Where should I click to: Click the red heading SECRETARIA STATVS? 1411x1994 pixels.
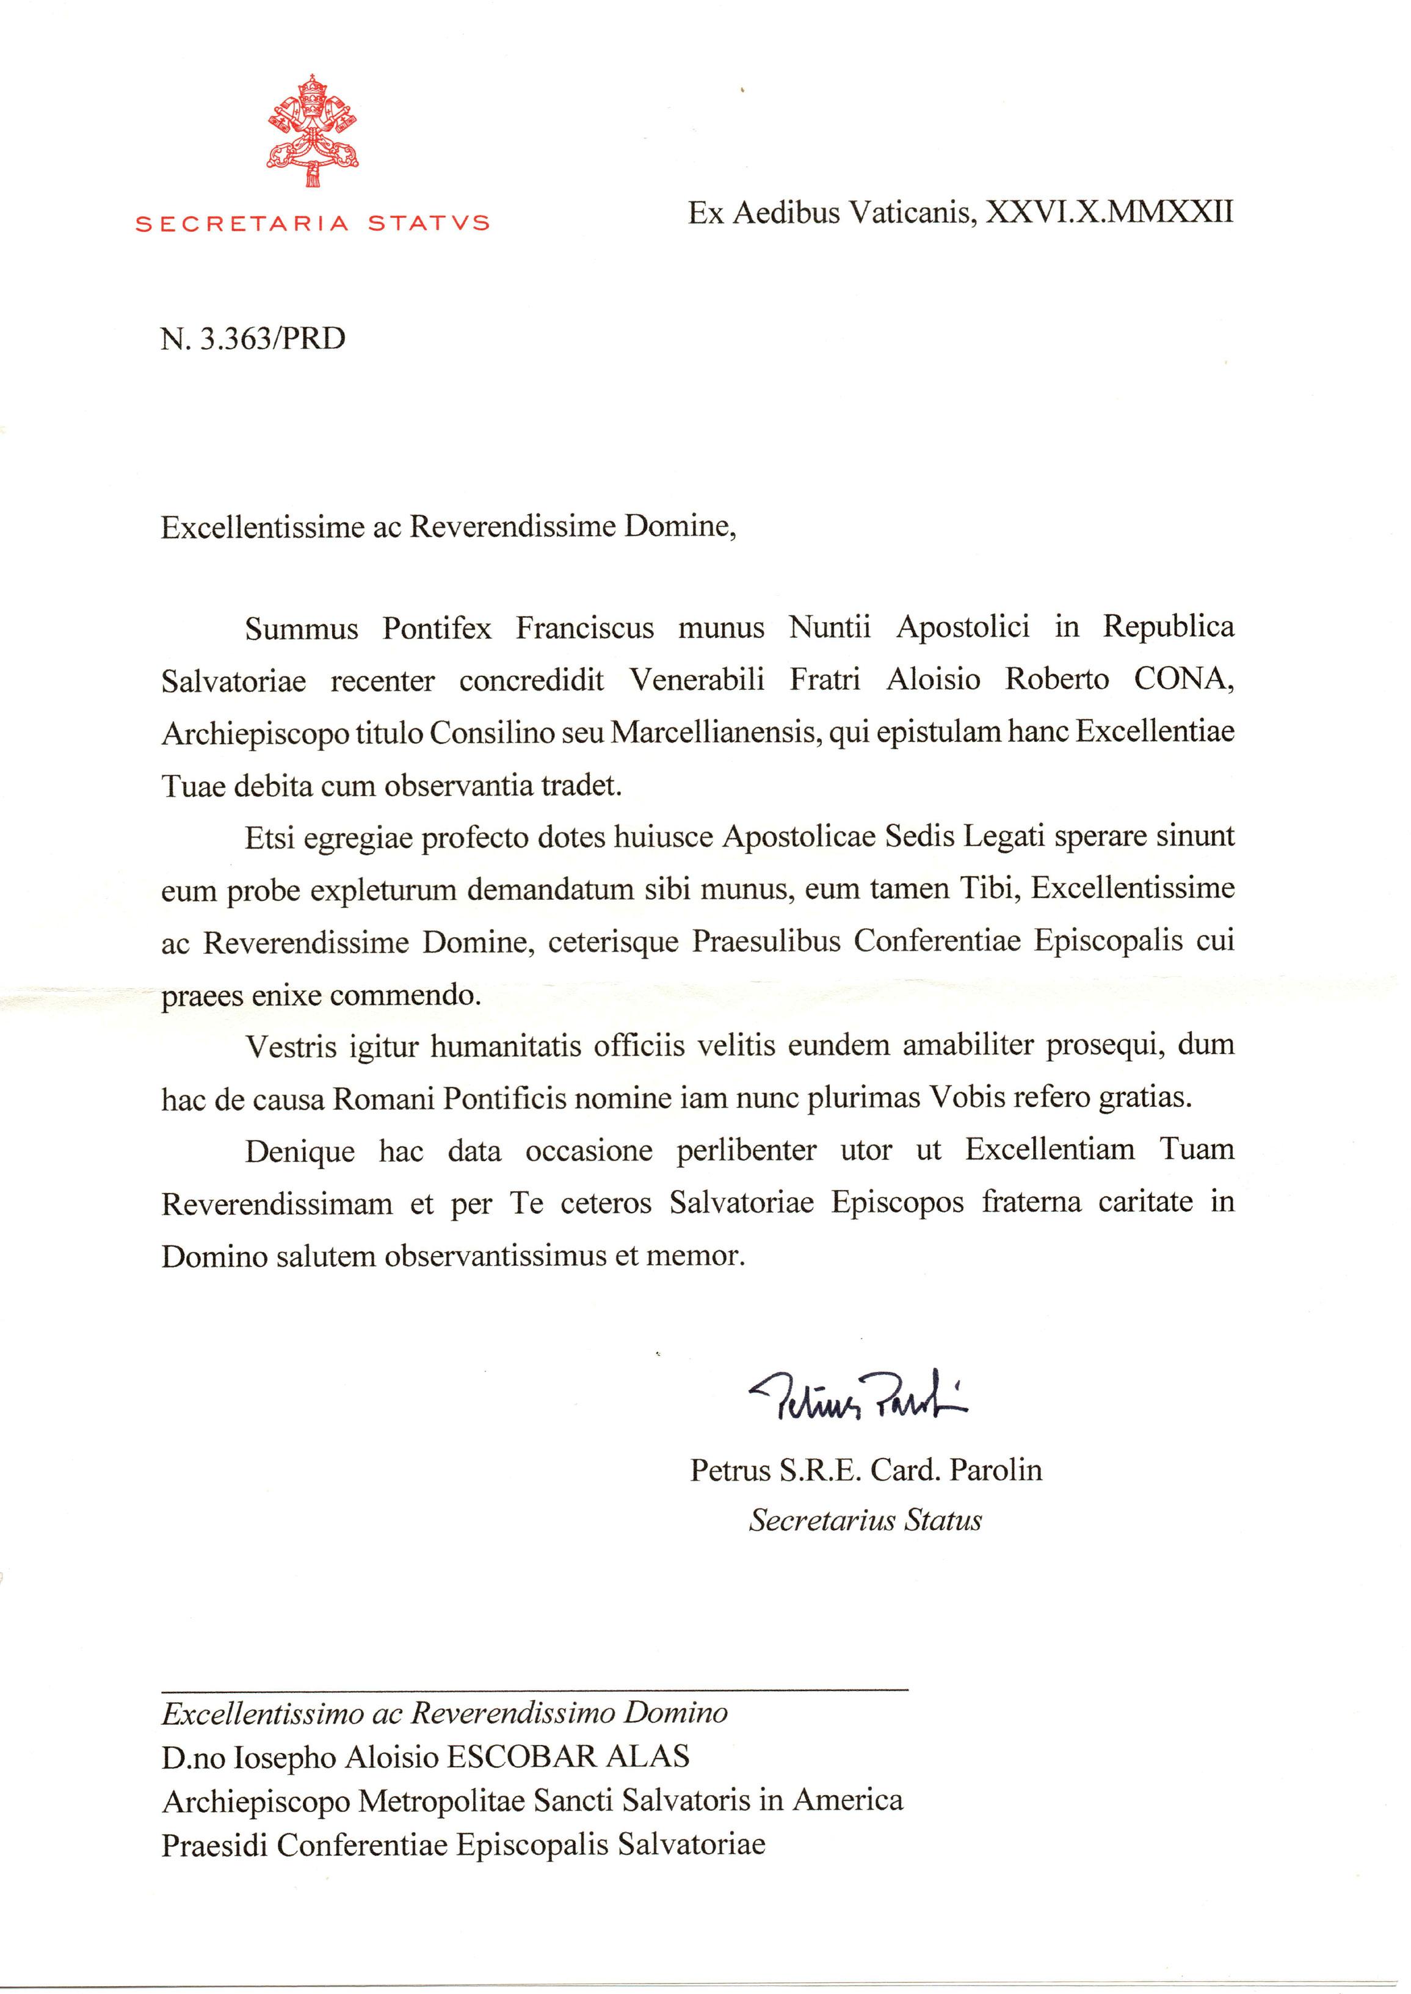tap(313, 223)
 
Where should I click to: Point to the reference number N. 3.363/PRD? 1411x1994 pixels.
tap(253, 338)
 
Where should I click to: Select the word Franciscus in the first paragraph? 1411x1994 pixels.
tap(585, 627)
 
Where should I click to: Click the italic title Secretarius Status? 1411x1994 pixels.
tap(865, 1520)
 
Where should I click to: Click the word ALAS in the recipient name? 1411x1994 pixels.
tap(647, 1757)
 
